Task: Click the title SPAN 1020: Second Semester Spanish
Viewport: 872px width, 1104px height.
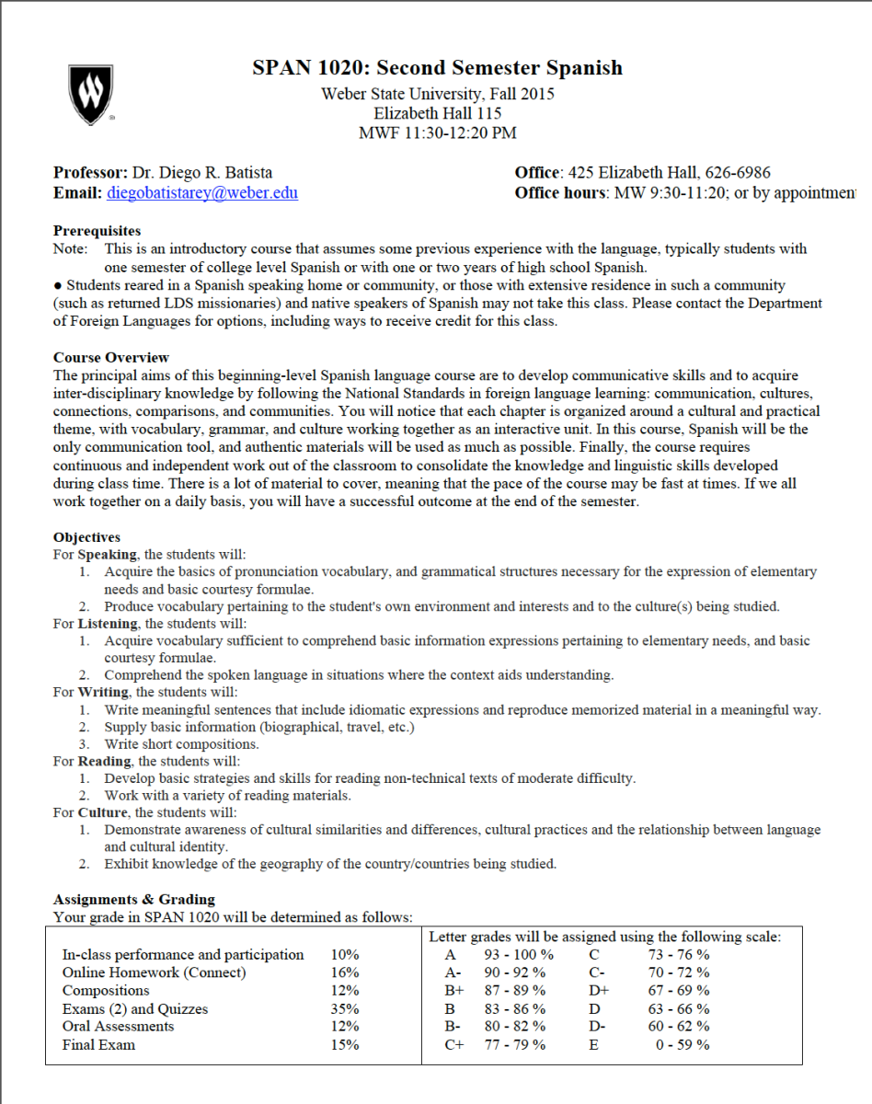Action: (x=437, y=68)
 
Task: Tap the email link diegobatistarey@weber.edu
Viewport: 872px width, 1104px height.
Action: (x=202, y=193)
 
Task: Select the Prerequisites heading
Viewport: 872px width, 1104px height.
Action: (x=97, y=231)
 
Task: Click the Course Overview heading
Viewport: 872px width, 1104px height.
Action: (x=111, y=357)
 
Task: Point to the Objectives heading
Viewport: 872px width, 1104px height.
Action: (x=86, y=537)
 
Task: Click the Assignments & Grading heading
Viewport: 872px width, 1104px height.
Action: (x=133, y=899)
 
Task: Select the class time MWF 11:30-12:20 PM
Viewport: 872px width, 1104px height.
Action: (x=437, y=132)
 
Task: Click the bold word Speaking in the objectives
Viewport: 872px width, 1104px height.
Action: (x=108, y=555)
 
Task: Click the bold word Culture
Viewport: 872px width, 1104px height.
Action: (x=102, y=812)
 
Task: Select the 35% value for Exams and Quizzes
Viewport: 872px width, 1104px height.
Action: (x=345, y=1009)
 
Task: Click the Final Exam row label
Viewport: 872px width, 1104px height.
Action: (x=98, y=1044)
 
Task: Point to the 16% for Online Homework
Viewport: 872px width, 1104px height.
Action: (x=345, y=972)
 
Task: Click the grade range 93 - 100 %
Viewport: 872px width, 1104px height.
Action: (x=519, y=955)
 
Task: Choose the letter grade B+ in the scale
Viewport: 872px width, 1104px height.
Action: (x=454, y=991)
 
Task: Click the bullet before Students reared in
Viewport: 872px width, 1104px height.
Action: (x=57, y=286)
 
